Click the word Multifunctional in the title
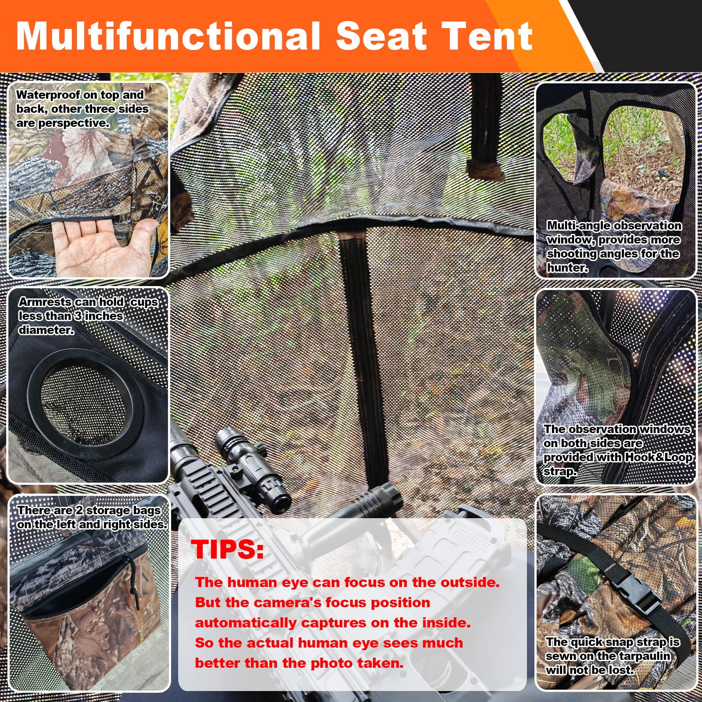[168, 36]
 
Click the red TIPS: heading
[227, 548]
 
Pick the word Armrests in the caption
[45, 302]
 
